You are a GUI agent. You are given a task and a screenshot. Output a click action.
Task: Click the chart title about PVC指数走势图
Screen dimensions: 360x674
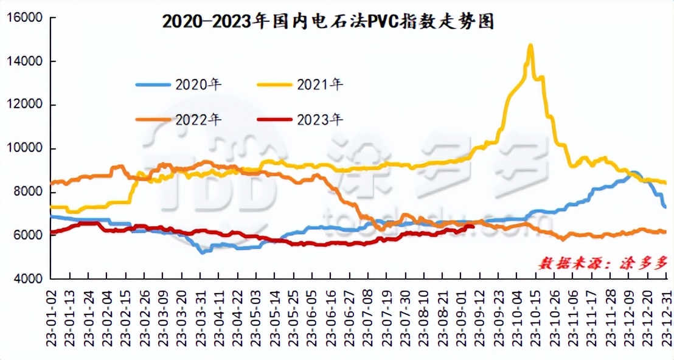point(328,22)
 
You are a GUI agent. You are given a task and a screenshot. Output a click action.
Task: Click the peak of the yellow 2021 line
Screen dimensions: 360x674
point(530,45)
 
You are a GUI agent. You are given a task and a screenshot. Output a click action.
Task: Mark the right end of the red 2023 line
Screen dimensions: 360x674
point(473,226)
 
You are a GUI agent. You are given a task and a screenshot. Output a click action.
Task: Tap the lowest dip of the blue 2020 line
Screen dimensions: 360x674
point(201,252)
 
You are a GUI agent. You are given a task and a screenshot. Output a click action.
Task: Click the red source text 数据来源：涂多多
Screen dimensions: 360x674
point(603,263)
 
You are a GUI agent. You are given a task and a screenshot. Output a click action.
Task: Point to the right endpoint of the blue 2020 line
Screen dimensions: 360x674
point(665,207)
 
